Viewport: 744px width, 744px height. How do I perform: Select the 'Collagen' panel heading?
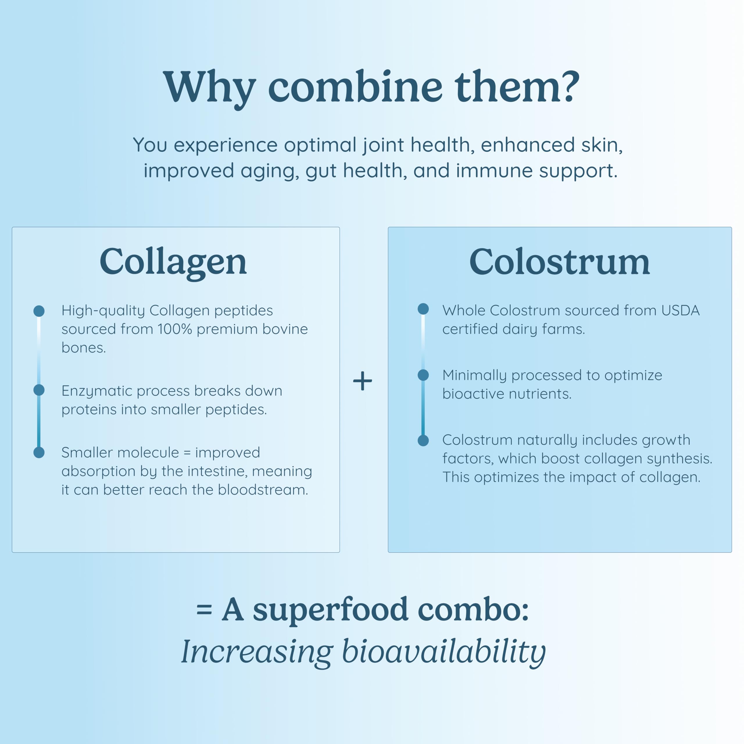tap(173, 262)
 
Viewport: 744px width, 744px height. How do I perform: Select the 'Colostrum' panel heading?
tap(559, 262)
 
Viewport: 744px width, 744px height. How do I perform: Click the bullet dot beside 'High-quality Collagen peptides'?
tap(39, 311)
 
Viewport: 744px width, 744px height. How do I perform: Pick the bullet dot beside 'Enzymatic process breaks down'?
tap(39, 390)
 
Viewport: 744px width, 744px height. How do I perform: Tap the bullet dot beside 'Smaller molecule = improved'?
tap(39, 452)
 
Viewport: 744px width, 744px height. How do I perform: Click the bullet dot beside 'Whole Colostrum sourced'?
tap(423, 309)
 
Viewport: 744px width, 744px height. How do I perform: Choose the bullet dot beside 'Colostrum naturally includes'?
tap(423, 440)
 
